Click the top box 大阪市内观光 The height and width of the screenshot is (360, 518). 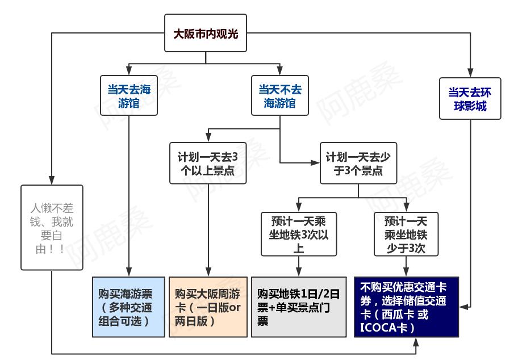(206, 34)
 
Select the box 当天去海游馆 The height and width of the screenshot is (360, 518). (129, 95)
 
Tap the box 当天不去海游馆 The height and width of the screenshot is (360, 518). (280, 95)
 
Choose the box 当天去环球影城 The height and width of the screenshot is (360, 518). (470, 98)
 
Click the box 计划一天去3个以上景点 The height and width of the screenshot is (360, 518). (208, 162)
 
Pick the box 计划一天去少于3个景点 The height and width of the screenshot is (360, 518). (358, 162)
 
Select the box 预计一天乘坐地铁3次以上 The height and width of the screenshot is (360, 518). (299, 233)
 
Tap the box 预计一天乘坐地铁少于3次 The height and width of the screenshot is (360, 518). (406, 233)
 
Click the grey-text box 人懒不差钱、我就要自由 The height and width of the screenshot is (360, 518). (52, 227)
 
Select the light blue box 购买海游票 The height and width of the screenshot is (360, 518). (128, 307)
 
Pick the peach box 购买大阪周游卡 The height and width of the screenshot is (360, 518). (208, 307)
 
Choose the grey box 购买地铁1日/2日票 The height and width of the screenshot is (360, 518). (299, 307)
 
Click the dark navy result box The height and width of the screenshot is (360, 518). (406, 307)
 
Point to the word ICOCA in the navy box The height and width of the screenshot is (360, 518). (377, 328)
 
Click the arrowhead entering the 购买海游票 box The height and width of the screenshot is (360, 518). (129, 273)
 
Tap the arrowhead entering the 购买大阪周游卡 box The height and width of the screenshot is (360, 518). (208, 273)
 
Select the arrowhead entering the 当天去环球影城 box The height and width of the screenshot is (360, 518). (470, 73)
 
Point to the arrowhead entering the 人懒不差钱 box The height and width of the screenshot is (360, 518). (52, 181)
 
